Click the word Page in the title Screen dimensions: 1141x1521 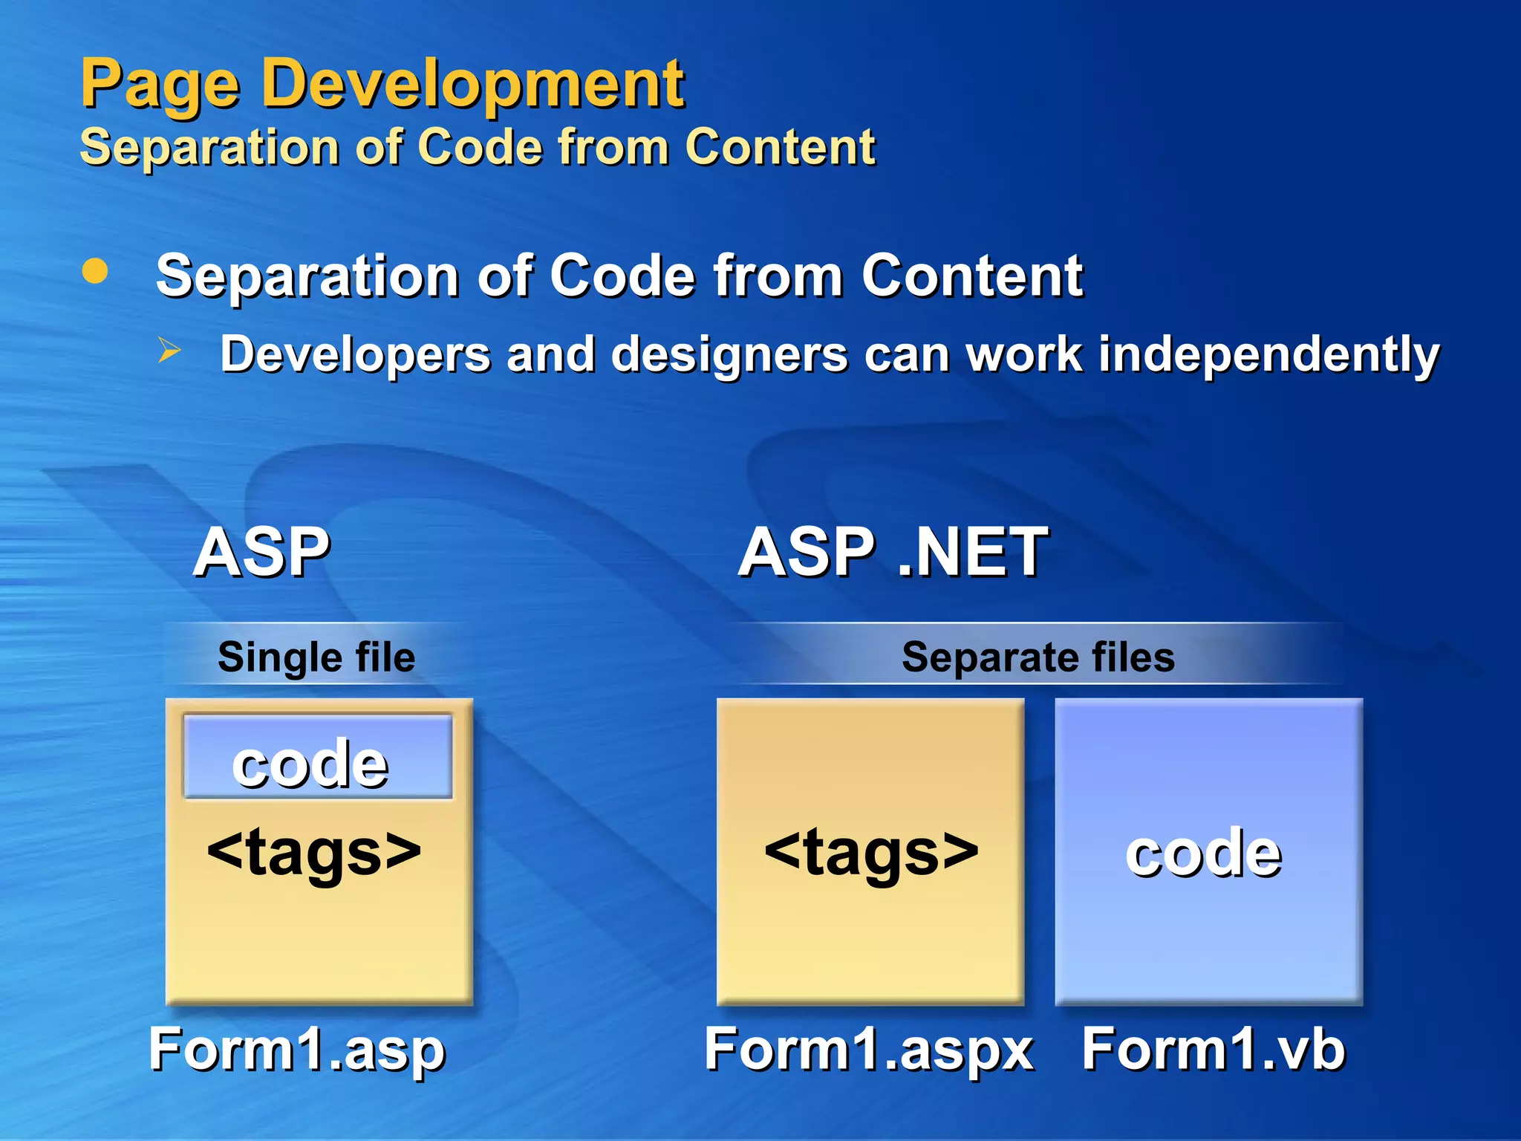pyautogui.click(x=159, y=85)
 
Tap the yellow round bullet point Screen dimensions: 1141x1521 pyautogui.click(x=94, y=271)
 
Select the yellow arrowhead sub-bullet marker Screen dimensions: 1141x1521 pyautogui.click(x=169, y=350)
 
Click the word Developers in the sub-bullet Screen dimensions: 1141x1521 pyautogui.click(x=355, y=354)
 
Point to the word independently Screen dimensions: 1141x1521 pyautogui.click(x=1268, y=354)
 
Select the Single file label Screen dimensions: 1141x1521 pyautogui.click(x=316, y=657)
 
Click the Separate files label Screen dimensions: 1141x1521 pyautogui.click(x=1038, y=657)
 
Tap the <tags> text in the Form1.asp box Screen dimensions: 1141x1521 pyautogui.click(x=314, y=851)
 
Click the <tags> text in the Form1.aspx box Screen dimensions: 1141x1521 pyautogui.click(x=871, y=851)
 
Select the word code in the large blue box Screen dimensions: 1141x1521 pyautogui.click(x=1203, y=853)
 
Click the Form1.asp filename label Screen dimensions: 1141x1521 pyautogui.click(x=297, y=1049)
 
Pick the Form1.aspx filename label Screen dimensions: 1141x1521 pyautogui.click(x=869, y=1049)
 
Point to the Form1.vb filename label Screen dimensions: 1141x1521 pyautogui.click(x=1213, y=1049)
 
